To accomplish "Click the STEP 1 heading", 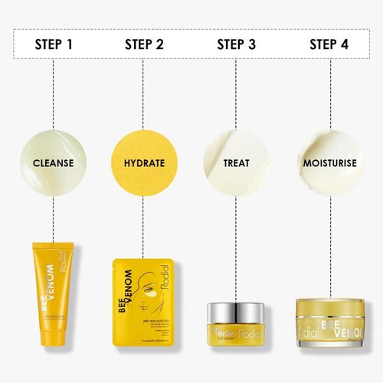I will click(54, 43).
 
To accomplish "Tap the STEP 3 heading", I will click(236, 43).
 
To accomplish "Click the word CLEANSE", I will click(53, 163).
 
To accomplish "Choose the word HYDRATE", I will click(144, 163).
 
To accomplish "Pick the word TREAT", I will click(236, 163).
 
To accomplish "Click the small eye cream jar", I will click(236, 322).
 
